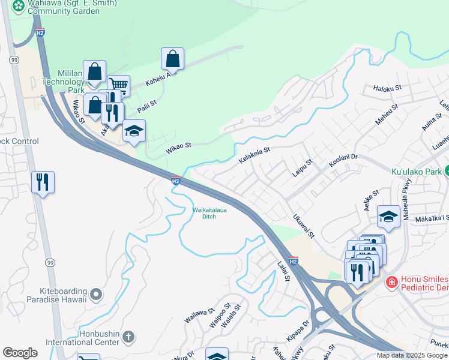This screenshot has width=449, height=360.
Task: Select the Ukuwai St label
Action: pos(303,226)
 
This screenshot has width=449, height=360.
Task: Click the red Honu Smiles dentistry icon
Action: pos(391,281)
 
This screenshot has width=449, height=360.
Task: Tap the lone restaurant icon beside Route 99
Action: pos(43,181)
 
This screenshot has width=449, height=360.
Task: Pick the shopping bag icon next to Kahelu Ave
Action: pos(172,59)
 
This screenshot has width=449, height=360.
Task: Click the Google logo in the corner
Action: pos(20,353)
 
